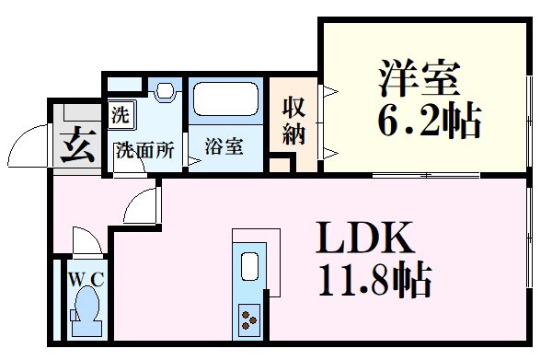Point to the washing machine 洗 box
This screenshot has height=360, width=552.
coord(121,115)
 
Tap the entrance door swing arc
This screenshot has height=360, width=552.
coord(28,145)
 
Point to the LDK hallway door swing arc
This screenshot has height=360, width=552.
coord(138,204)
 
